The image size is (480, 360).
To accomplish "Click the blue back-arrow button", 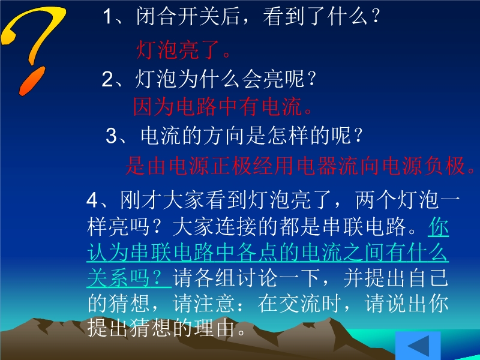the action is pyautogui.click(x=418, y=346).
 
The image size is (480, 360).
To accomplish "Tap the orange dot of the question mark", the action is pyautogui.click(x=32, y=81).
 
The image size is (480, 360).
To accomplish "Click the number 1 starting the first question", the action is pyautogui.click(x=108, y=16).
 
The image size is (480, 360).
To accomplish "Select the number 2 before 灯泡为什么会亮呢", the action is pyautogui.click(x=108, y=79).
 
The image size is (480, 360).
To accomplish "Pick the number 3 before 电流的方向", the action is pyautogui.click(x=112, y=136).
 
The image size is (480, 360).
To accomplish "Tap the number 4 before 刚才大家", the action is pyautogui.click(x=92, y=201).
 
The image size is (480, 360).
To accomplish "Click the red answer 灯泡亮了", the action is pyautogui.click(x=183, y=50).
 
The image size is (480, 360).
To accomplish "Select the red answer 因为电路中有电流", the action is pyautogui.click(x=222, y=107).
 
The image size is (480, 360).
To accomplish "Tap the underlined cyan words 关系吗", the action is pyautogui.click(x=119, y=278).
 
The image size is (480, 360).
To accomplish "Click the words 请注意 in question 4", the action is pyautogui.click(x=203, y=304).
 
